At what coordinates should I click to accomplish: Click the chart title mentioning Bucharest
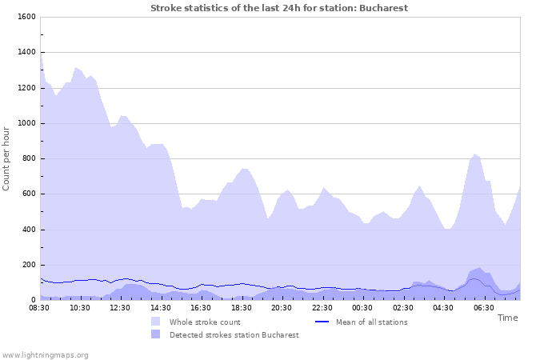(x=279, y=8)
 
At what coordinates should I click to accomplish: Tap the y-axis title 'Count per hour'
(x=7, y=158)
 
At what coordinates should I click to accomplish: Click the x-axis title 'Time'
(x=507, y=318)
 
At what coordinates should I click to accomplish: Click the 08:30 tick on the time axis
(x=40, y=307)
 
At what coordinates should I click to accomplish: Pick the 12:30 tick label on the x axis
(x=121, y=307)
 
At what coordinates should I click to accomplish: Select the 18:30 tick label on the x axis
(x=242, y=307)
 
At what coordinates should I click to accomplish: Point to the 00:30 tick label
(x=362, y=307)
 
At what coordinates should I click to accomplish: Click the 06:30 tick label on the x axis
(x=483, y=307)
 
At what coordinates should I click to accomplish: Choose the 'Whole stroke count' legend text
(x=205, y=322)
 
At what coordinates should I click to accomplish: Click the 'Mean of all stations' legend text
(x=371, y=322)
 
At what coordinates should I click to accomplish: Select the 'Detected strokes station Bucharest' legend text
(x=234, y=334)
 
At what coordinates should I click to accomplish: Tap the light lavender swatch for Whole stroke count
(x=155, y=322)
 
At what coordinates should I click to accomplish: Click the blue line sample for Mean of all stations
(x=322, y=322)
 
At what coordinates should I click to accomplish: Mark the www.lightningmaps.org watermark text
(x=45, y=354)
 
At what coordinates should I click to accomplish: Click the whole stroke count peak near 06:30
(x=475, y=154)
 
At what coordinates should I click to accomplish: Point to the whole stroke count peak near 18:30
(x=244, y=169)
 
